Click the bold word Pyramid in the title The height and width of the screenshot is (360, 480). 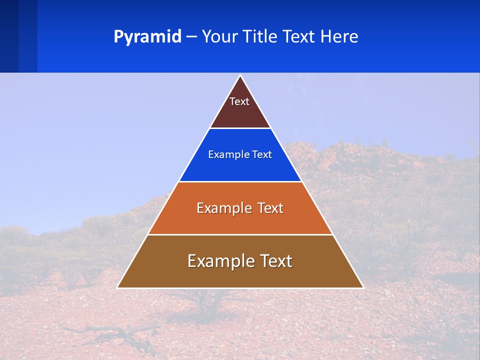(x=147, y=37)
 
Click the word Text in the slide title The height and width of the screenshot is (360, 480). (x=300, y=37)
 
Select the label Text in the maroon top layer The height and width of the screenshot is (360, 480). (x=239, y=102)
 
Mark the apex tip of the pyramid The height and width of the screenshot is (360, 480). (x=240, y=76)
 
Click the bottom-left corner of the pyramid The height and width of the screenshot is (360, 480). (x=118, y=287)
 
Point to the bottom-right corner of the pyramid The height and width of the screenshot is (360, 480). (x=362, y=287)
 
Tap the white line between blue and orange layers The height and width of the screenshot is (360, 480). (x=240, y=181)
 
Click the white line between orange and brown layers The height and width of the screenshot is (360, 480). (x=240, y=234)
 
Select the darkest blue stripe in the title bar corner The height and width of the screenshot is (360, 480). (x=9, y=36)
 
